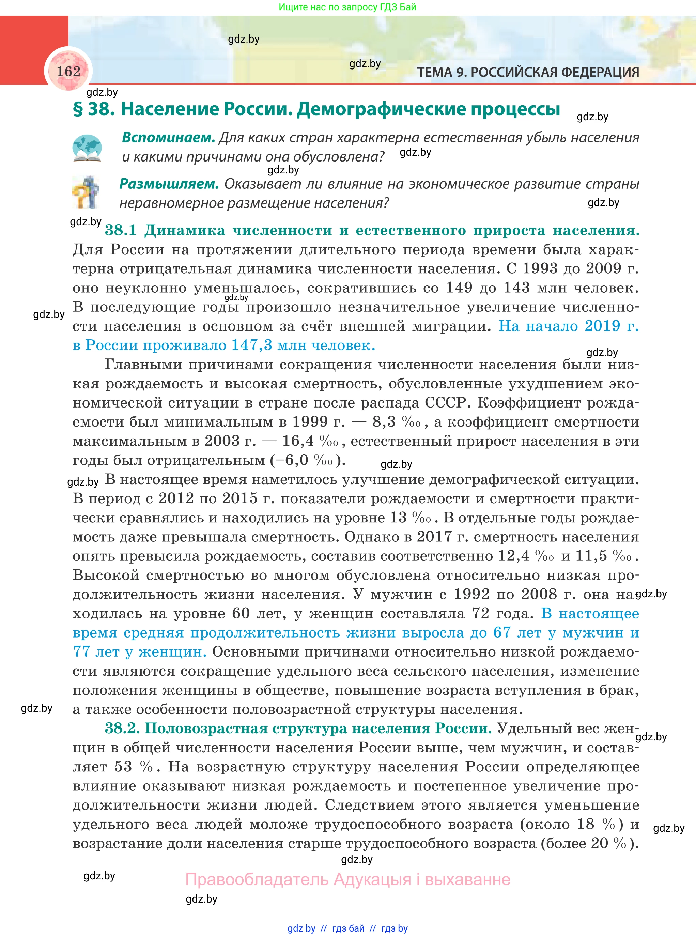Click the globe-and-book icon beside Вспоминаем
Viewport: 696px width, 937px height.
87,148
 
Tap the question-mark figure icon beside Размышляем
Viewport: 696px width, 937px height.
86,193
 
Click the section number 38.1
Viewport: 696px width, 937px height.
121,230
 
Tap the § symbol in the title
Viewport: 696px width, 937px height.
78,109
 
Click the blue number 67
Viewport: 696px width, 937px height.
502,633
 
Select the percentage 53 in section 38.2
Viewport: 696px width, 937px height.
123,767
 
